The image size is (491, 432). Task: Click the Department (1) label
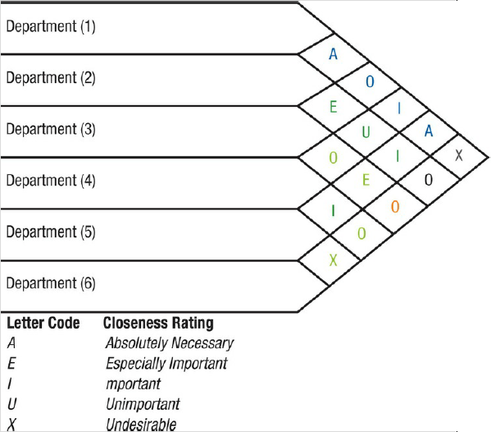click(51, 26)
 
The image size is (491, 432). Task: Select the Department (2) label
click(51, 78)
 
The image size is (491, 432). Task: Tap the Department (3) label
click(51, 129)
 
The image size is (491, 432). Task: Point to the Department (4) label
click(51, 181)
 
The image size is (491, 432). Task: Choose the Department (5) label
click(51, 232)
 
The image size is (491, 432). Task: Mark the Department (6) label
click(51, 283)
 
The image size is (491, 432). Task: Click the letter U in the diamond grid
click(366, 131)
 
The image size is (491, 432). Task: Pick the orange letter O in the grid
click(395, 207)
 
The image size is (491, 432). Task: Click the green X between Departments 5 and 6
click(333, 260)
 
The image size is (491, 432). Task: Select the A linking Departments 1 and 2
click(333, 54)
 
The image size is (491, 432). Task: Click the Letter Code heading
click(43, 323)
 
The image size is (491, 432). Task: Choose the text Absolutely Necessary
click(169, 343)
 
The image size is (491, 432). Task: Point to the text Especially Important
click(166, 363)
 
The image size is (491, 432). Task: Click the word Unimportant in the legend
click(142, 404)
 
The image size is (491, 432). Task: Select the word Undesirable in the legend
click(141, 425)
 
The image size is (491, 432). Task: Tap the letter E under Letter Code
click(11, 363)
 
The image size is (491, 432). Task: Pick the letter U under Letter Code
click(11, 404)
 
